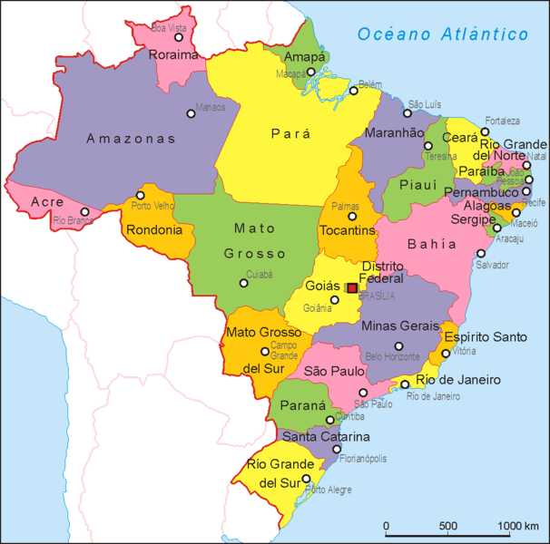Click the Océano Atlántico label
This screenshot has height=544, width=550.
click(442, 34)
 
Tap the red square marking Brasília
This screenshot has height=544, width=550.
click(352, 288)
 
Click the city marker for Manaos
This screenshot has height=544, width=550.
click(191, 113)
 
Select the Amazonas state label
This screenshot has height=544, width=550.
click(131, 139)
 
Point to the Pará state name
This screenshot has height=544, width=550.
click(290, 133)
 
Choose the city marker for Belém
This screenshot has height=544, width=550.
click(354, 91)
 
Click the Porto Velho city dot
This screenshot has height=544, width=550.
click(140, 195)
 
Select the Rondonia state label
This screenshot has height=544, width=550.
click(154, 229)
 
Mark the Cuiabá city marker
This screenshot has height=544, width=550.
click(243, 283)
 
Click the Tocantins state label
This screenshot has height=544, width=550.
click(348, 230)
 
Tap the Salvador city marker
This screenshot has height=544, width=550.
click(481, 254)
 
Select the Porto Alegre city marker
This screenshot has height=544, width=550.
click(307, 479)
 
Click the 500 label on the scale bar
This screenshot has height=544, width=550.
click(447, 526)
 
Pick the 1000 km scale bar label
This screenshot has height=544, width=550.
click(518, 526)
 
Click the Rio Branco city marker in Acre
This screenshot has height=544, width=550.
click(85, 211)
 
